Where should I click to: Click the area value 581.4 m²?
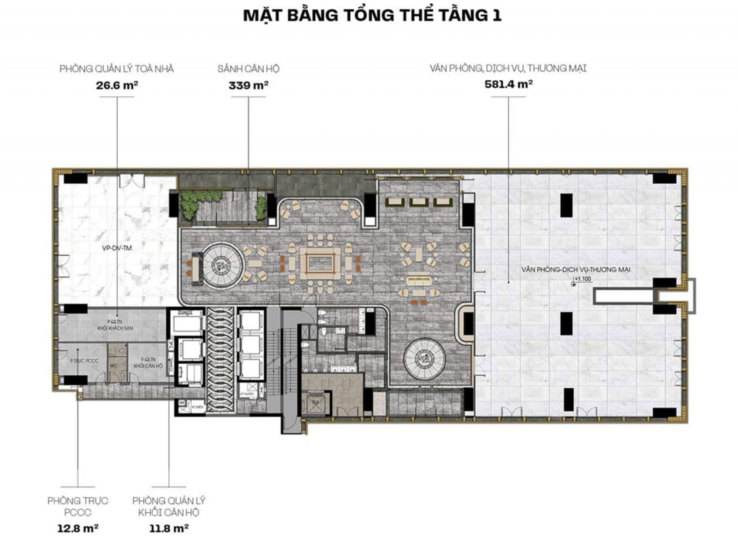point(508,84)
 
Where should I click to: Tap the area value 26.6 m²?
point(117,85)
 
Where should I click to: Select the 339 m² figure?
point(249,85)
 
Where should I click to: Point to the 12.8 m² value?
point(77,528)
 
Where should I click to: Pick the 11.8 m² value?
point(169,528)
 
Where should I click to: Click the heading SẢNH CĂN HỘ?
point(249,69)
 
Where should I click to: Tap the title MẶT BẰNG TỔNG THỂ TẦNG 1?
point(372,16)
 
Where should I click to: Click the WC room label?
point(114,366)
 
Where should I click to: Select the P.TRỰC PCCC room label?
point(84,361)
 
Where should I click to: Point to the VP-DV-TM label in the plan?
point(117,248)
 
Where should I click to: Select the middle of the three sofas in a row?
point(418,202)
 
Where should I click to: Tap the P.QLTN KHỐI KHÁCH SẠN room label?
point(115,325)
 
